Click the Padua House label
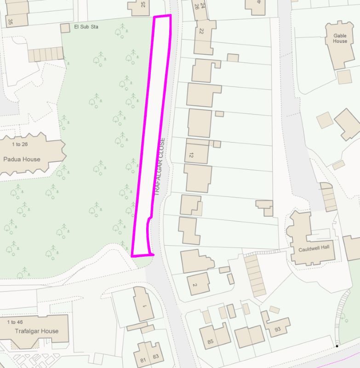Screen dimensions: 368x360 tap(22, 159)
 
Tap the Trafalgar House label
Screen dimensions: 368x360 tap(37, 331)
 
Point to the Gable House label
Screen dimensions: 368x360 tap(340, 38)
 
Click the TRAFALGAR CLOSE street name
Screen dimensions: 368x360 tap(159, 166)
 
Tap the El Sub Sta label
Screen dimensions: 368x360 tap(86, 27)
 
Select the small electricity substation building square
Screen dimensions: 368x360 tap(65, 29)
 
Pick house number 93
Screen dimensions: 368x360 tap(278, 329)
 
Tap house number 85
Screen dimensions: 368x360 tap(211, 341)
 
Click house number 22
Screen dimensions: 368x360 tap(201, 31)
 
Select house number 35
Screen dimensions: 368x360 tap(10, 21)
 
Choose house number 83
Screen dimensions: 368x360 tap(155, 356)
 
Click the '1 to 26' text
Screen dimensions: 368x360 tap(22, 144)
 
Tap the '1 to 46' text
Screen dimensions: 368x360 tap(15, 322)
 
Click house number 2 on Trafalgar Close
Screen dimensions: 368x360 tap(195, 285)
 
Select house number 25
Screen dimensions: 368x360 tap(143, 5)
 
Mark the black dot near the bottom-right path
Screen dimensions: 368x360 tap(337, 346)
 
